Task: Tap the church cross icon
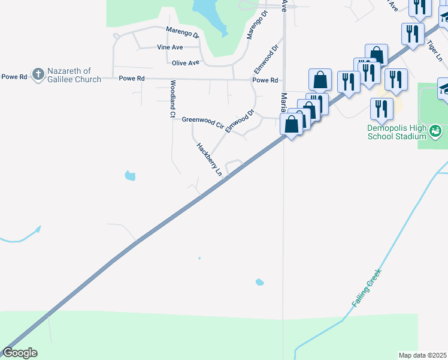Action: click(x=38, y=74)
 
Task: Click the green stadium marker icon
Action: click(x=436, y=130)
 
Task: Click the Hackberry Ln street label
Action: click(x=209, y=159)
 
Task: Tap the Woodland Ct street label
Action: click(x=172, y=98)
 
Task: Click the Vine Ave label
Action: click(x=169, y=47)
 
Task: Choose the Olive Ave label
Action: click(x=185, y=62)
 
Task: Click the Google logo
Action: click(x=20, y=353)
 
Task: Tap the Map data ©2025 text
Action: click(x=422, y=355)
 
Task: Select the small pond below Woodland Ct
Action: click(x=129, y=176)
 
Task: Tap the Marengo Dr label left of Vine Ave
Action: click(x=183, y=31)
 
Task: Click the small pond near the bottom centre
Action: click(x=259, y=282)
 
